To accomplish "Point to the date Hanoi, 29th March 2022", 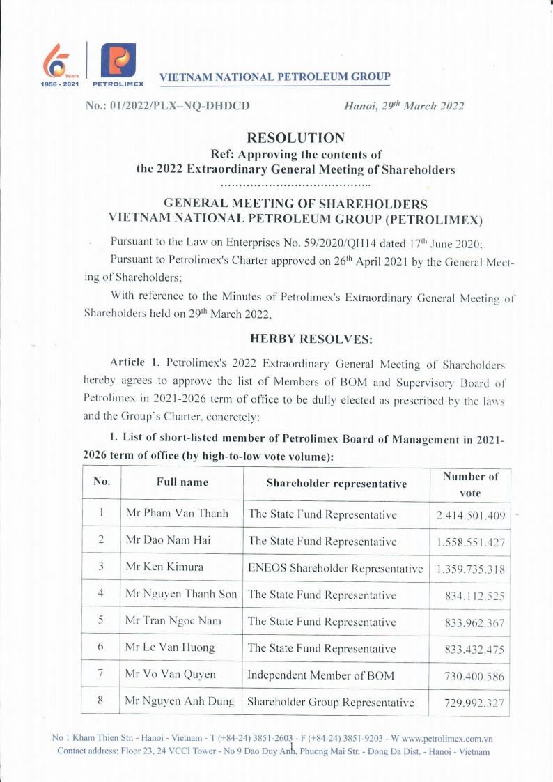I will pyautogui.click(x=404, y=106).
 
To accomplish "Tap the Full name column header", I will pyautogui.click(x=182, y=482).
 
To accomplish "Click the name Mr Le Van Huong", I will pyautogui.click(x=170, y=647).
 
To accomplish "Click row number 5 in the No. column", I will pyautogui.click(x=100, y=621).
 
